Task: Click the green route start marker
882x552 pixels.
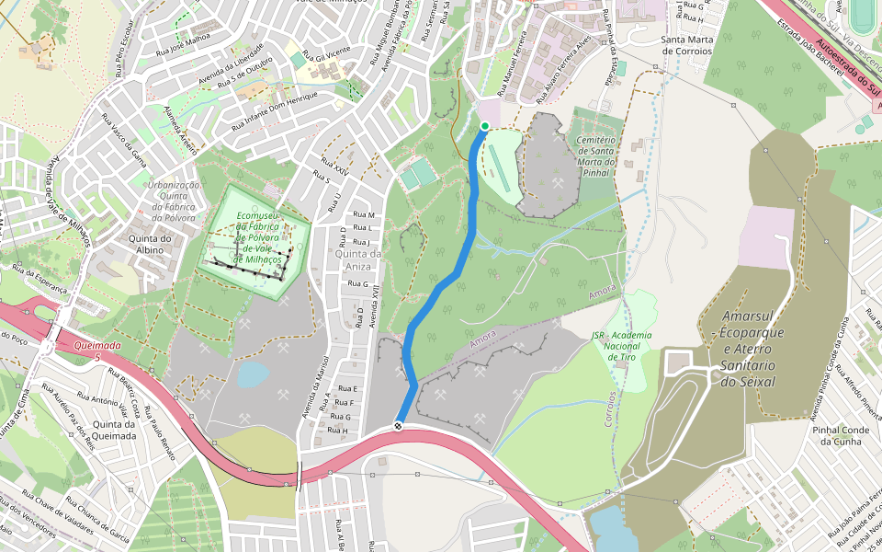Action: click(484, 126)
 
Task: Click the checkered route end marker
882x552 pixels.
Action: click(399, 425)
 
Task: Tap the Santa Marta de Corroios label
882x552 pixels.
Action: click(687, 45)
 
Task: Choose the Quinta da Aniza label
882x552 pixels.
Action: click(357, 260)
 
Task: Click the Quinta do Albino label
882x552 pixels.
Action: click(153, 246)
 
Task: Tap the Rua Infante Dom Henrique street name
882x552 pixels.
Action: click(275, 109)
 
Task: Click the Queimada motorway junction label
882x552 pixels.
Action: click(95, 346)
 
